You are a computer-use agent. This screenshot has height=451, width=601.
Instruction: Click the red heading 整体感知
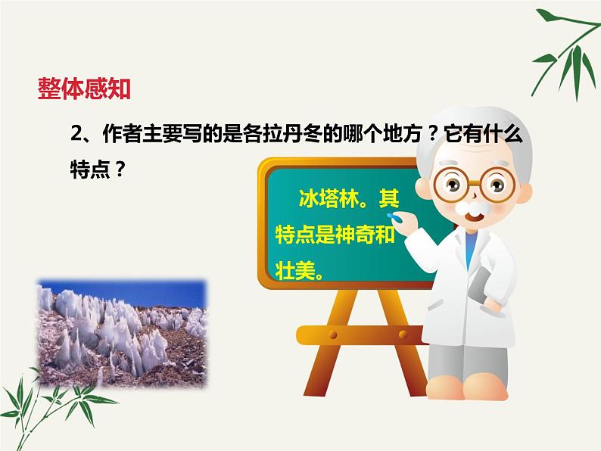click(84, 89)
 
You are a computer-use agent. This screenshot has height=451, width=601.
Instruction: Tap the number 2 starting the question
click(75, 133)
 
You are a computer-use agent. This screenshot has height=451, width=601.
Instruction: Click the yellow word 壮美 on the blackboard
click(291, 269)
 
